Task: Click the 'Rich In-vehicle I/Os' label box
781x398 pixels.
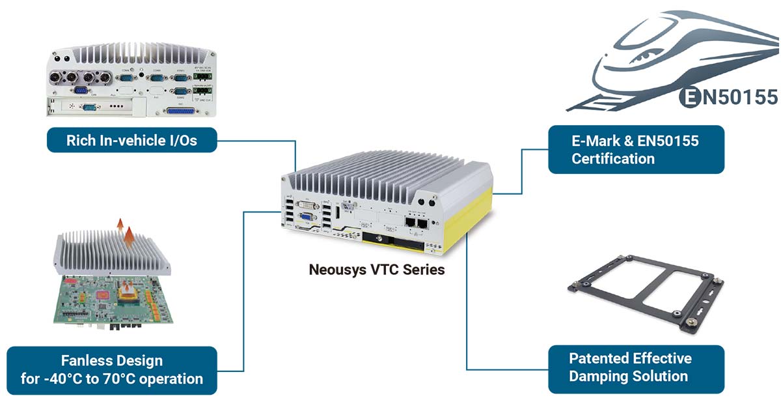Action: [x=131, y=140]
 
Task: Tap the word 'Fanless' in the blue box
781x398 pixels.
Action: [x=85, y=360]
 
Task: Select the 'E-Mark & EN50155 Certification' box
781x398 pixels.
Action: [x=636, y=149]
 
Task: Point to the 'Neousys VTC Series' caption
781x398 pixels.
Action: [x=377, y=269]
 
